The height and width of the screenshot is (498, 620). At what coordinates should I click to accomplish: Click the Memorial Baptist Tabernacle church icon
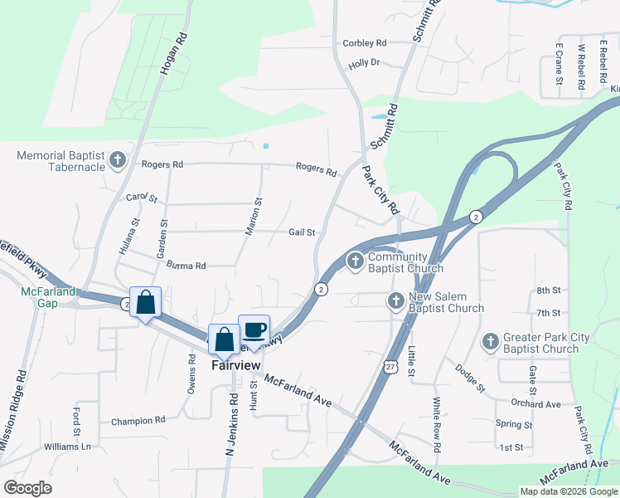tap(118, 159)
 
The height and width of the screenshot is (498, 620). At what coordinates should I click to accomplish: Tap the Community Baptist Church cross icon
tap(356, 262)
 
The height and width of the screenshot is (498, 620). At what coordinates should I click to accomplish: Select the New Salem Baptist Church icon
tap(396, 300)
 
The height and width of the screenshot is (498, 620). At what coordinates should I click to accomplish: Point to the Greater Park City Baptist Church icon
tap(490, 341)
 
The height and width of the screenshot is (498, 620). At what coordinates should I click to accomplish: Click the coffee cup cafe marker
tap(254, 330)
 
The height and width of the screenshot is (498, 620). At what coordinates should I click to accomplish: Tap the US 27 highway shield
tap(390, 366)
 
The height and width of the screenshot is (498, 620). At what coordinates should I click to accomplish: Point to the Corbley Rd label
tap(365, 43)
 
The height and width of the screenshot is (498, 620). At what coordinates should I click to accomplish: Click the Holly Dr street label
tap(364, 62)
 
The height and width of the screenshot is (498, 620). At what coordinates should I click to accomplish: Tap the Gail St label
tap(303, 232)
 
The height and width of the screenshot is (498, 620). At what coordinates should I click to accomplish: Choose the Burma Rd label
tap(186, 266)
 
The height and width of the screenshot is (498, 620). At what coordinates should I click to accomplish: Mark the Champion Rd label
tap(138, 421)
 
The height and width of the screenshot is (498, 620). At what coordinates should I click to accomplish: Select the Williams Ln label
tap(68, 447)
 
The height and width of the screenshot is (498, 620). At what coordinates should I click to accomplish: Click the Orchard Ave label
tap(536, 404)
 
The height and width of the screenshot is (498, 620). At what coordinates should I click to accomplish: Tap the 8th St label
tap(549, 290)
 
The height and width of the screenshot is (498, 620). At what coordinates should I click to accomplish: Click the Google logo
tap(27, 488)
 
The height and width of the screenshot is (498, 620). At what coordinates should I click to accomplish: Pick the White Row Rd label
tap(437, 423)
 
